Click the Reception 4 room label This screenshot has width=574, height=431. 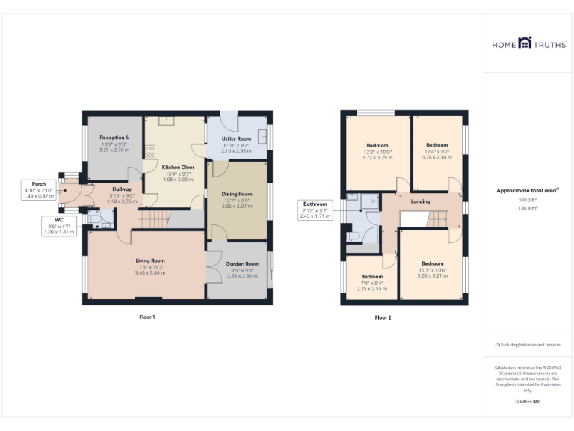point(114,138)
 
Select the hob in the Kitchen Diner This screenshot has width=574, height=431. point(150,151)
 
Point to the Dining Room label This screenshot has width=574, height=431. point(237,194)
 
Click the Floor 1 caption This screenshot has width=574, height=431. point(147,317)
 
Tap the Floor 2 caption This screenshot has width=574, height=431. point(383,317)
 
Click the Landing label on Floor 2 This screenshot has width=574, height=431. point(421,201)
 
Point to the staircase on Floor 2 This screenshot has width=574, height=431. point(437,218)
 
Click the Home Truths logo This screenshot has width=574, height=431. point(528,43)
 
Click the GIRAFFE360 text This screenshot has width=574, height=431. point(528,402)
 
